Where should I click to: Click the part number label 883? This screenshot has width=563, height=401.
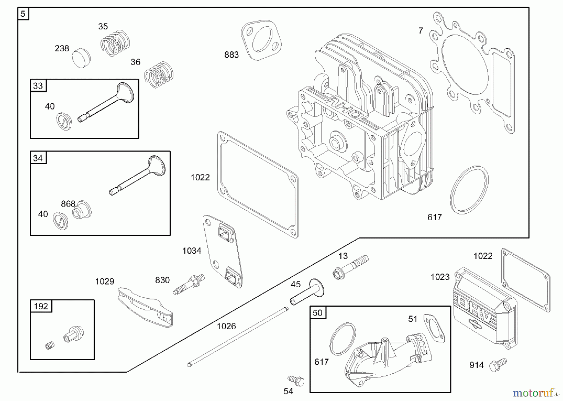[x=231, y=55]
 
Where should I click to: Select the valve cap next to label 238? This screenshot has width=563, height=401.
[x=81, y=58]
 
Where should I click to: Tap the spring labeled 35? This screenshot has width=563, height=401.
[x=115, y=43]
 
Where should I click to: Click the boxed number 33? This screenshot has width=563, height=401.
[x=38, y=86]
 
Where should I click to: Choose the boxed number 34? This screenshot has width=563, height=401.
[x=38, y=158]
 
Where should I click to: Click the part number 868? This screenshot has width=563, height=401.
[x=68, y=204]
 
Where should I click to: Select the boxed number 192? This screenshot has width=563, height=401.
[x=41, y=306]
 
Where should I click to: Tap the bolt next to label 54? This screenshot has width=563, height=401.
[x=296, y=380]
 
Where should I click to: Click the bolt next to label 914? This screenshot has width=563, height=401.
[x=498, y=365]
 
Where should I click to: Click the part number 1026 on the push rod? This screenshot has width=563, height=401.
[x=226, y=326]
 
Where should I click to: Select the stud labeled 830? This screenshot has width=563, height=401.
[x=189, y=284]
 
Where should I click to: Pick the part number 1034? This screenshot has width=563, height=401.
[x=192, y=251]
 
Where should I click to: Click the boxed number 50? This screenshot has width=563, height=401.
[x=317, y=313]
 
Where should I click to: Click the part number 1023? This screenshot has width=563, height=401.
[x=440, y=277]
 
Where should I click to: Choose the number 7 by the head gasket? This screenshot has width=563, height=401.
[x=421, y=31]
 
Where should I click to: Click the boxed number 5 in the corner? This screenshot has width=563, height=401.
[x=23, y=14]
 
